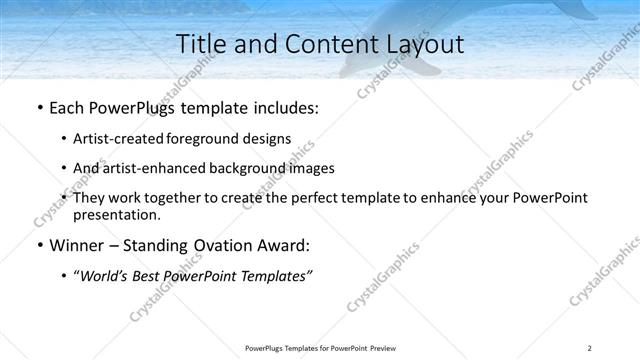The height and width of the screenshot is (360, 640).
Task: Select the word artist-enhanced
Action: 152,168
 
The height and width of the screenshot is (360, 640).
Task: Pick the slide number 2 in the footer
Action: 590,348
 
